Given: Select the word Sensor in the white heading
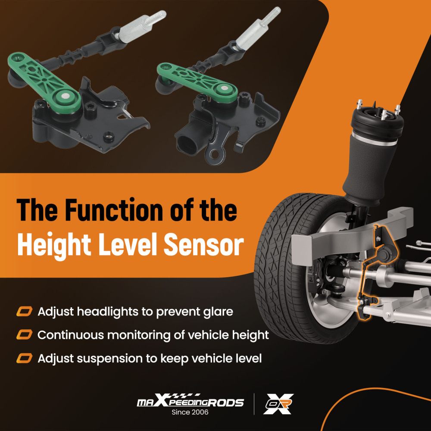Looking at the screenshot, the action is (204, 244).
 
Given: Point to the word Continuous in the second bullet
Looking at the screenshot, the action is (70, 335).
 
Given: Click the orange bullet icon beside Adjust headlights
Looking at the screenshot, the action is (24, 312).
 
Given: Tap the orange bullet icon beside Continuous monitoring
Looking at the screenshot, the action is (24, 335).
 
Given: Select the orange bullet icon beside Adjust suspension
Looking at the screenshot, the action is (24, 359).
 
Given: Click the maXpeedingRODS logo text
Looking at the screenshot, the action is (190, 401).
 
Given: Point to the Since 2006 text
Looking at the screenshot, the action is (190, 412).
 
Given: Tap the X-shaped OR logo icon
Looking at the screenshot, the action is (278, 403).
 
